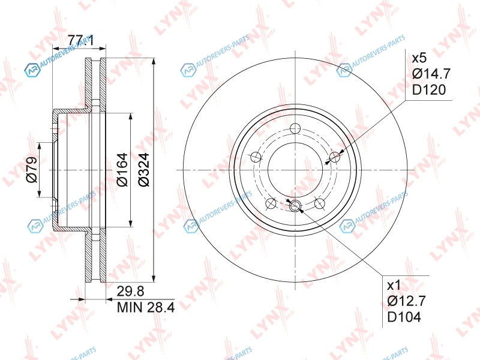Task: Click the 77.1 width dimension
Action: [80, 40]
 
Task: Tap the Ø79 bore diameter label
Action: [32, 170]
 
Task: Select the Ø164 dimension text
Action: [122, 170]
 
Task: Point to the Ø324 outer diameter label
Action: [143, 170]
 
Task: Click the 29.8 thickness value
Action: [130, 292]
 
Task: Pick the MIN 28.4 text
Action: [146, 307]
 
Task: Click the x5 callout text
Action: [419, 58]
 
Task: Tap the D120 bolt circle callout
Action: [428, 90]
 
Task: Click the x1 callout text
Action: [394, 286]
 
